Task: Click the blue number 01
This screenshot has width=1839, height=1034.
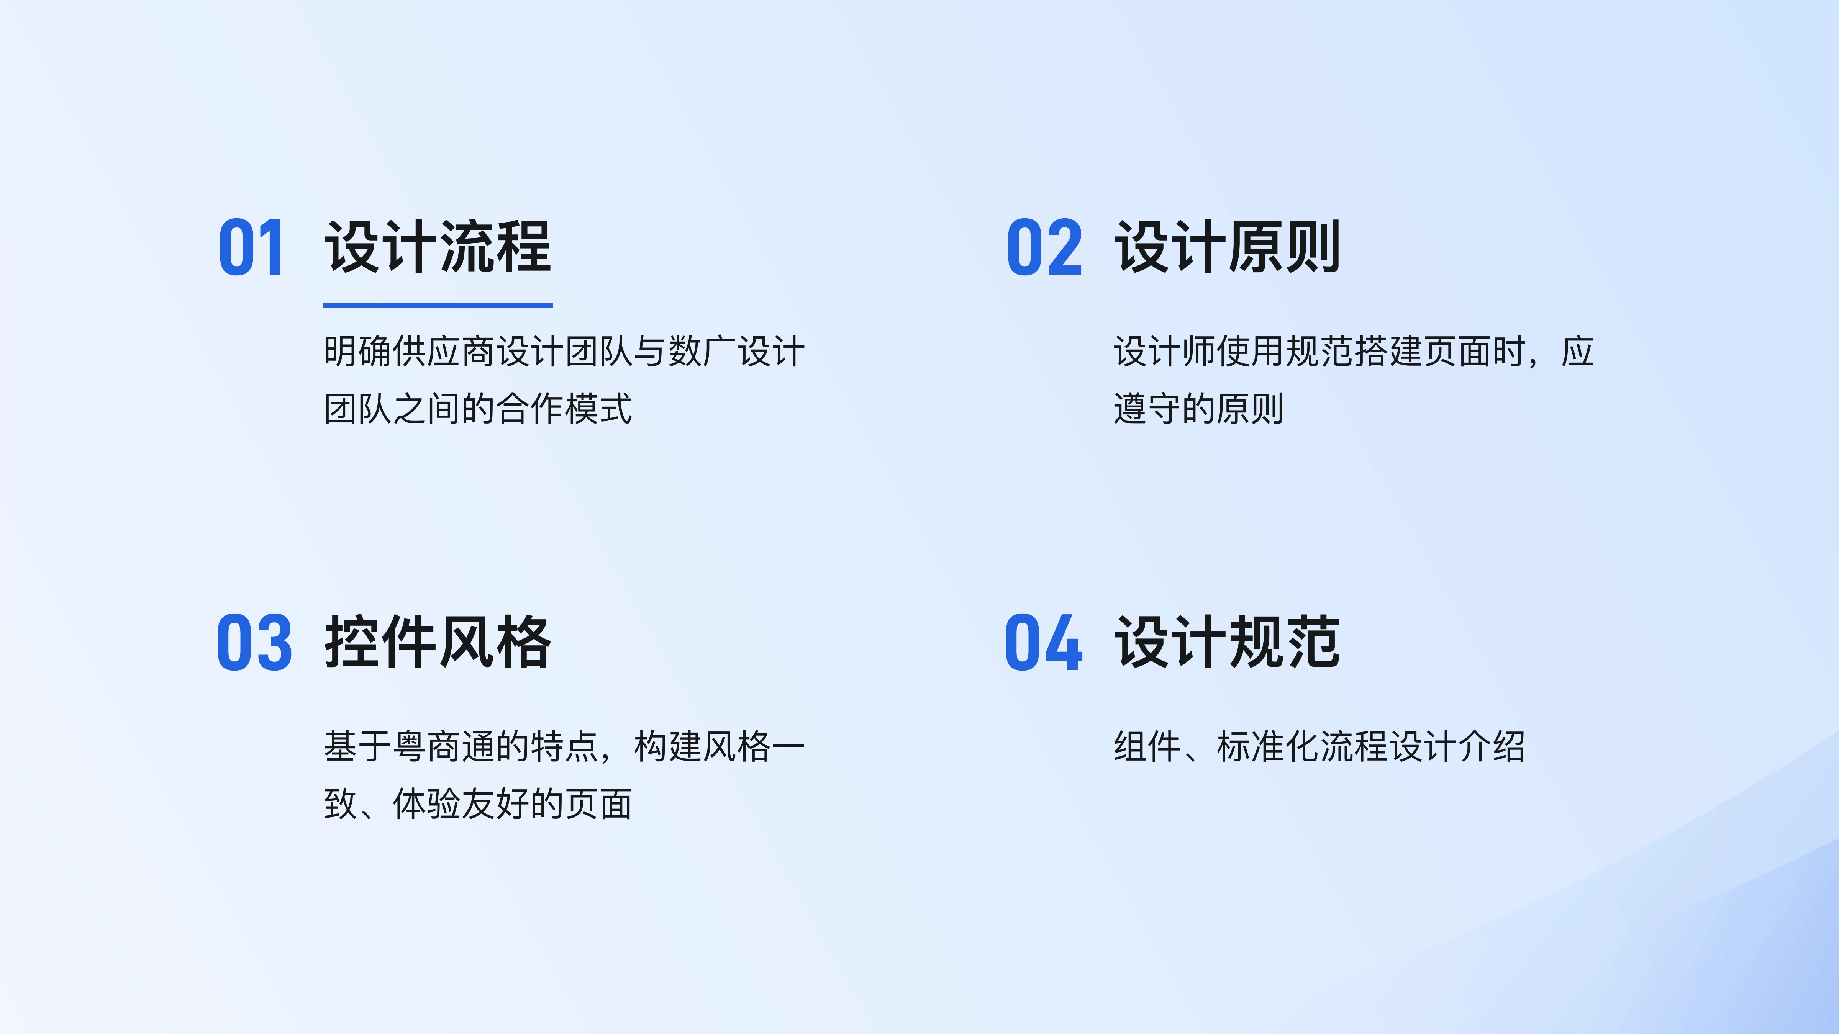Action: [251, 248]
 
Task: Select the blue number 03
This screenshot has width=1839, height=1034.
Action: [254, 642]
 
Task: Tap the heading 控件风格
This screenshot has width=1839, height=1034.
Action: [438, 642]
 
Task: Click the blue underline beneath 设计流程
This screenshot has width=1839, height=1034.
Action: [438, 306]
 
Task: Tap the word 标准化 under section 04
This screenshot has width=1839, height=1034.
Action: [1268, 746]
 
